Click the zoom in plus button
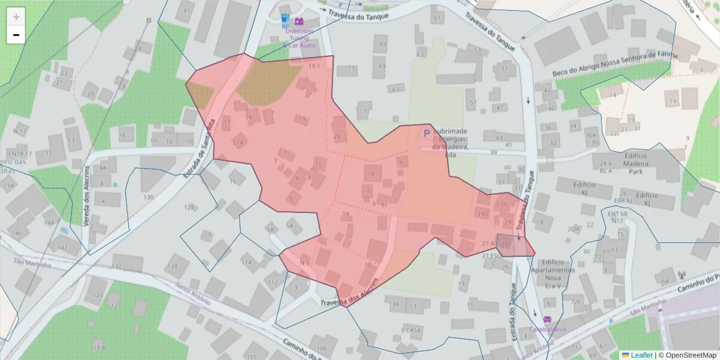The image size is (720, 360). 16,16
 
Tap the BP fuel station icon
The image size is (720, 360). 285,20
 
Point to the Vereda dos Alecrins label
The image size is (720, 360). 87,195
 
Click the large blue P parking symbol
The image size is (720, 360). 427,134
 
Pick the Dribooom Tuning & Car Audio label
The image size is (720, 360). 300,37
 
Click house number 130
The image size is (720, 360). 149,197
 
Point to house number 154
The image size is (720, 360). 8,185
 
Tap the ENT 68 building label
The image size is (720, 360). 617,214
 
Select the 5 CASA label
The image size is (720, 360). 411,329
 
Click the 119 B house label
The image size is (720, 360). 98,347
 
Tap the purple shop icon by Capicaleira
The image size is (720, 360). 547,319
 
